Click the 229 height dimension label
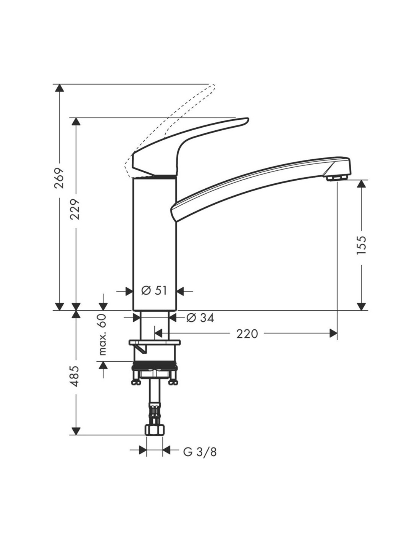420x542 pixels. click(x=76, y=209)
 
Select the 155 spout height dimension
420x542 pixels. click(x=361, y=245)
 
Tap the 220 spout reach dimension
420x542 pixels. click(x=247, y=334)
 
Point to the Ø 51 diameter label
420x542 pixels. click(x=154, y=291)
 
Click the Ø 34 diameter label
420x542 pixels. click(x=200, y=318)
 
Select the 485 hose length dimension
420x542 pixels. click(x=76, y=376)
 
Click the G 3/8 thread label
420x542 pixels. click(x=200, y=452)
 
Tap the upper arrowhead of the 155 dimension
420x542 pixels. click(x=361, y=184)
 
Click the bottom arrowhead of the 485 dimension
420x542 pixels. click(x=76, y=431)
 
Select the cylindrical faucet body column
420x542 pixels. click(x=154, y=244)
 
